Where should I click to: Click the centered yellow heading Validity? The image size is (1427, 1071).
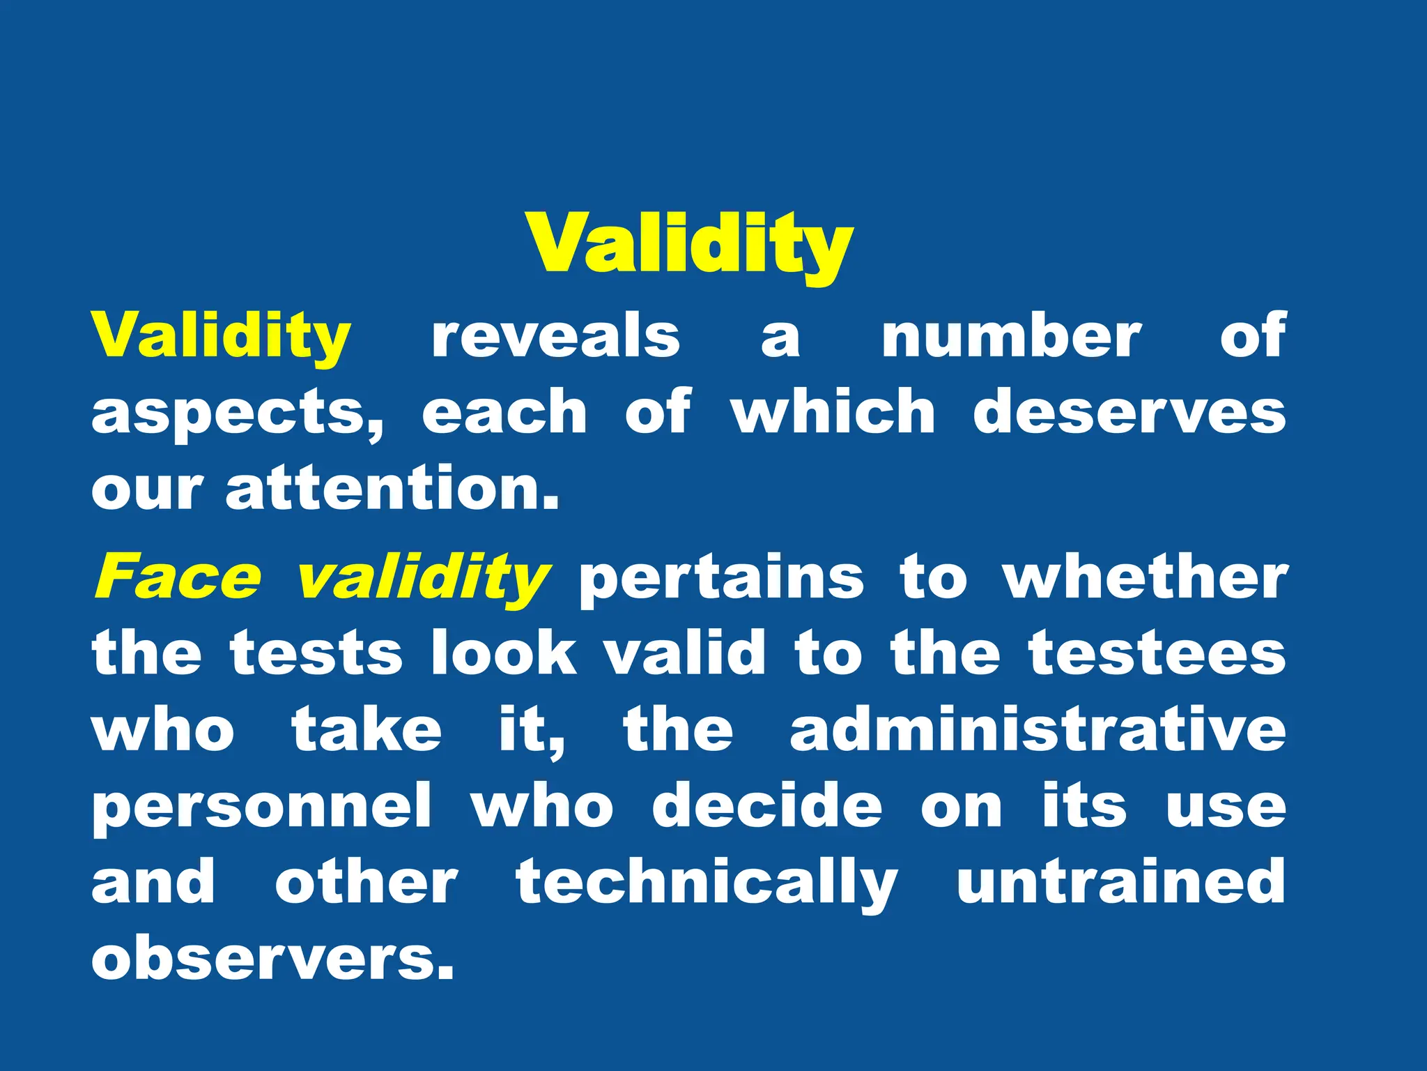[x=690, y=244]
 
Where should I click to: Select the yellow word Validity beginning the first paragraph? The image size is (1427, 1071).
[x=221, y=337]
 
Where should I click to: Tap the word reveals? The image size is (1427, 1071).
[x=555, y=337]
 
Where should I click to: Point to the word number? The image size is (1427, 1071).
[x=1011, y=337]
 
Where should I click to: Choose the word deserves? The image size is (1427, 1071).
[x=1129, y=412]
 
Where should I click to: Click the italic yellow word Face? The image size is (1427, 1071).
[x=178, y=577]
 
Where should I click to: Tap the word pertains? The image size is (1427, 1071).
[x=721, y=579]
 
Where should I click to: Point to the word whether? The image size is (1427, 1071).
[x=1145, y=577]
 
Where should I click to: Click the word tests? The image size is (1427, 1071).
[x=317, y=653]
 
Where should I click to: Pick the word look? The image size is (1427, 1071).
[x=503, y=653]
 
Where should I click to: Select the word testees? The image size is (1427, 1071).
[x=1157, y=653]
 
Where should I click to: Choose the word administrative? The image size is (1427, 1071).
[x=1038, y=729]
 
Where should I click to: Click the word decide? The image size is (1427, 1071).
[x=767, y=806]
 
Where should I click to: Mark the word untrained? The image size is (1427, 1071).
[x=1120, y=882]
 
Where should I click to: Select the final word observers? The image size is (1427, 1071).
[x=272, y=959]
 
